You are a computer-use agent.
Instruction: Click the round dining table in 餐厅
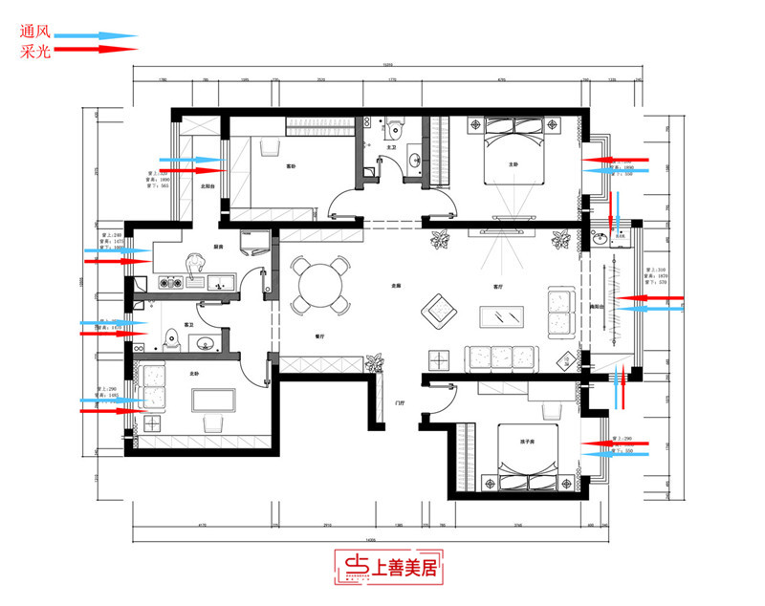point(319,284)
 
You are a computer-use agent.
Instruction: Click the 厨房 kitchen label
point(218,248)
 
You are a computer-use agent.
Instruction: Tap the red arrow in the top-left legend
point(96,47)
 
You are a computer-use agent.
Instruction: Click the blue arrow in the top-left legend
point(96,33)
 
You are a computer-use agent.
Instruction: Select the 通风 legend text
point(35,31)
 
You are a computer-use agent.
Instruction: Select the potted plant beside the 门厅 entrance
point(374,362)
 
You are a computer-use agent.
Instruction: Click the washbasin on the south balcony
point(601,238)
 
